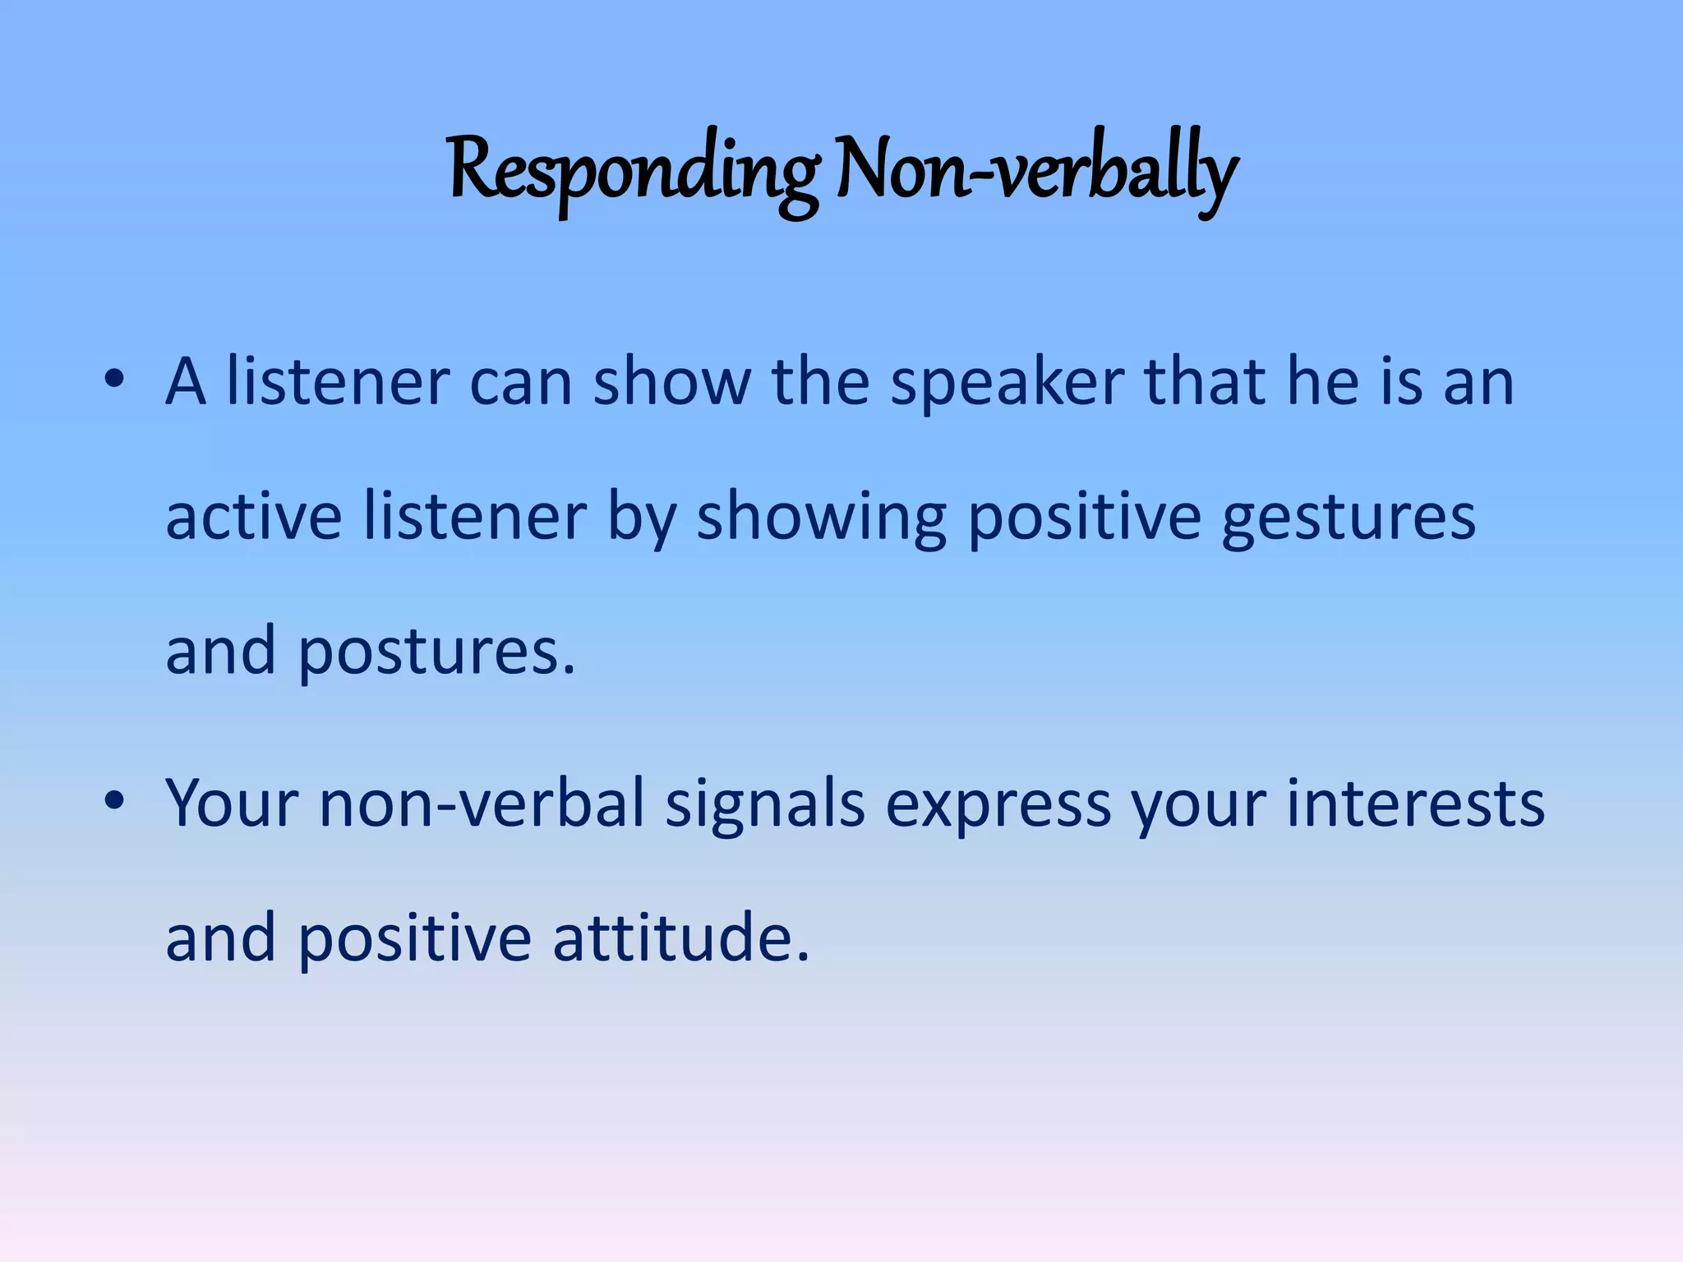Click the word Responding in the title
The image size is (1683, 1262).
633,173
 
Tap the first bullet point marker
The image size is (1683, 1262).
114,380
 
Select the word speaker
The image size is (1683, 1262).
1007,385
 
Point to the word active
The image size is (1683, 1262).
254,518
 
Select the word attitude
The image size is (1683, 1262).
680,938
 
